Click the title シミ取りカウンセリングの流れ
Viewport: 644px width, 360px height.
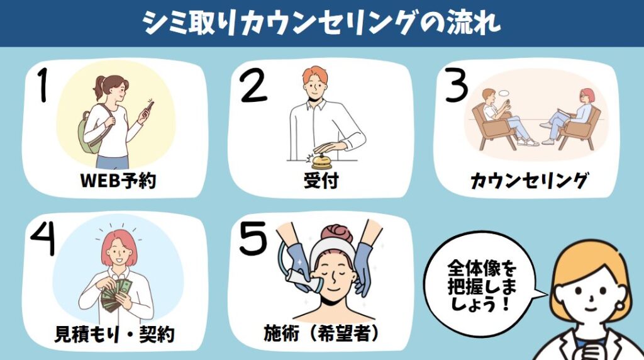point(322,22)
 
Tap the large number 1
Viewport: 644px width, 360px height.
point(42,84)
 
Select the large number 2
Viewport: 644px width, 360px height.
point(253,85)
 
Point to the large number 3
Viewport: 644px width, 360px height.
point(456,85)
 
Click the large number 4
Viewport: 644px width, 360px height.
point(43,239)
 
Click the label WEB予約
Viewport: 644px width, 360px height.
point(118,180)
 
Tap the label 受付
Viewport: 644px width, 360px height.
point(321,180)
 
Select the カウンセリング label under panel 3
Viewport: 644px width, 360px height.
point(528,181)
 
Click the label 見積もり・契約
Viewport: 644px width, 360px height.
point(114,334)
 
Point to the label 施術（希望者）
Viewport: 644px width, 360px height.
point(321,334)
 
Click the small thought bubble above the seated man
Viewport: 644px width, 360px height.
point(504,93)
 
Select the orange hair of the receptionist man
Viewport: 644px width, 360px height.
point(316,74)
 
